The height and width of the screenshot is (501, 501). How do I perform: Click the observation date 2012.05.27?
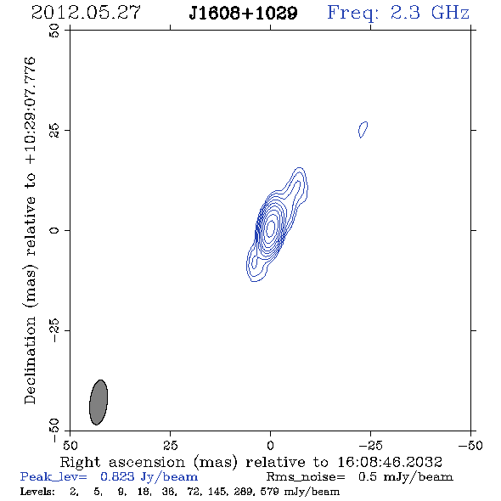(86, 13)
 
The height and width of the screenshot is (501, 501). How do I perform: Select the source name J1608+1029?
(243, 14)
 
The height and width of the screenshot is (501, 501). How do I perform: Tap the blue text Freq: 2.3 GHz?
(398, 13)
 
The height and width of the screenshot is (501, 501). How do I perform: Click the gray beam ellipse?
(99, 402)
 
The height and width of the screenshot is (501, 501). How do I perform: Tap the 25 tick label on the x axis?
(170, 445)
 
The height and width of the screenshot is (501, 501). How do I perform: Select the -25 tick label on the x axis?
(370, 445)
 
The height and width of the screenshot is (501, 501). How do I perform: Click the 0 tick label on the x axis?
(270, 445)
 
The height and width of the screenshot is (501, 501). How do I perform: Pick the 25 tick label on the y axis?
(54, 131)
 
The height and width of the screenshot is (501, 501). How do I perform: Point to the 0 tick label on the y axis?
(54, 230)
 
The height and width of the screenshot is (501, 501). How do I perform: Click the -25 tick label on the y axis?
(54, 330)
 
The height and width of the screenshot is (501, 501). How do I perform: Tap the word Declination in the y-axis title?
(30, 360)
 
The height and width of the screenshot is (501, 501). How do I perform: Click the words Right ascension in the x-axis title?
(122, 462)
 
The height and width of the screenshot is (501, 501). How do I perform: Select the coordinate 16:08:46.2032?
(390, 462)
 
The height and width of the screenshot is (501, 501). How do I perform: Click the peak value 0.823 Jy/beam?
(149, 476)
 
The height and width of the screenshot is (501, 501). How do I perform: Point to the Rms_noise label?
(306, 477)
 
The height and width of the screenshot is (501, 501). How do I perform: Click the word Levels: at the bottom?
(37, 491)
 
